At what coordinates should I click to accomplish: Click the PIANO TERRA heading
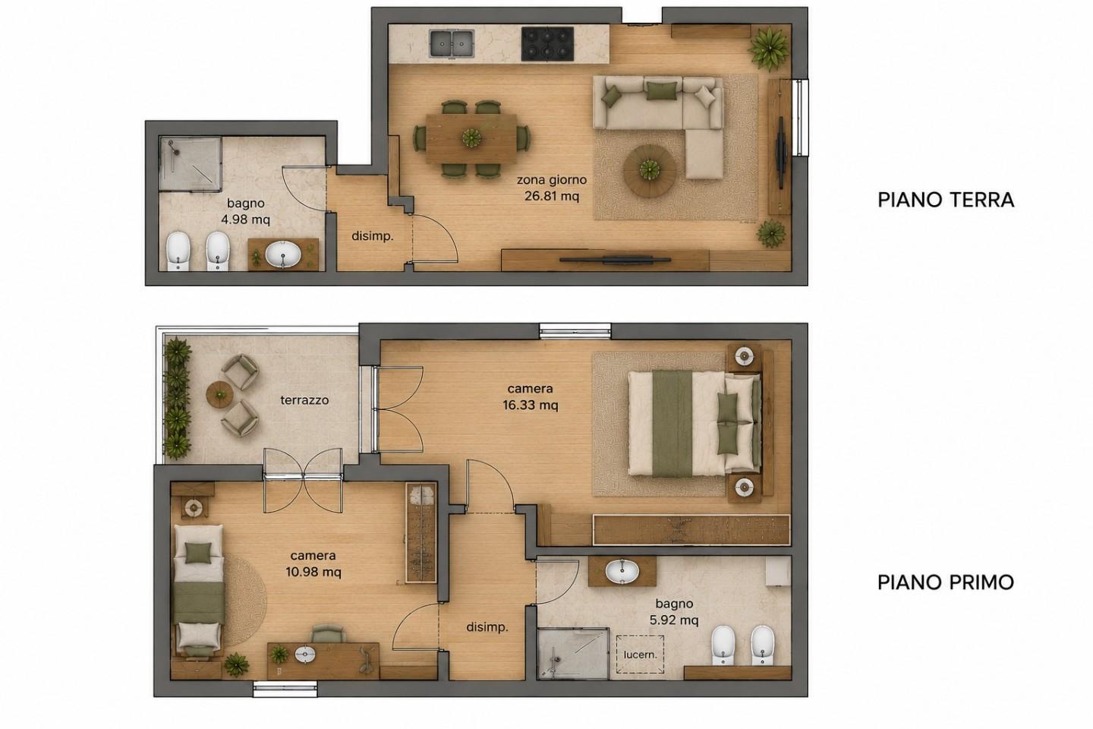(x=946, y=200)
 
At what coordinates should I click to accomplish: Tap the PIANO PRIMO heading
(x=946, y=582)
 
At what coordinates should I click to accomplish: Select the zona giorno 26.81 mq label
(x=552, y=188)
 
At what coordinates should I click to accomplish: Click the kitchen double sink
(x=452, y=43)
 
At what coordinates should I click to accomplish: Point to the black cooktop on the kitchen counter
(x=547, y=44)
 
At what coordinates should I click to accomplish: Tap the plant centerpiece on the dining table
(x=471, y=137)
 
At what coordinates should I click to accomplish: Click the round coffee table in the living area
(x=650, y=170)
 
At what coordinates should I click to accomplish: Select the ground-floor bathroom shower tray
(x=191, y=163)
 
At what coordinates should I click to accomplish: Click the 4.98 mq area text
(x=245, y=219)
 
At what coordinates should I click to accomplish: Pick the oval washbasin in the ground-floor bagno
(x=283, y=254)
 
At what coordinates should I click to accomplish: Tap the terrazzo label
(x=304, y=400)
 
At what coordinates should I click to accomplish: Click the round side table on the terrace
(x=219, y=393)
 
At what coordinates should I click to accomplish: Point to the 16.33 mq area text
(x=531, y=406)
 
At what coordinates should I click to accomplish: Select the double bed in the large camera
(x=694, y=423)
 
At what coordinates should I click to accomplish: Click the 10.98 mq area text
(x=313, y=572)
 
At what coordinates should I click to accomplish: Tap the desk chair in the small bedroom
(x=329, y=634)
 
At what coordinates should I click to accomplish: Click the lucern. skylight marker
(x=640, y=655)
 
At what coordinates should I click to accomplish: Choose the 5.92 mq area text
(x=674, y=620)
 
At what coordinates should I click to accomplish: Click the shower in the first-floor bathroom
(x=573, y=654)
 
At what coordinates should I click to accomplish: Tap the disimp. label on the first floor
(x=487, y=627)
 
